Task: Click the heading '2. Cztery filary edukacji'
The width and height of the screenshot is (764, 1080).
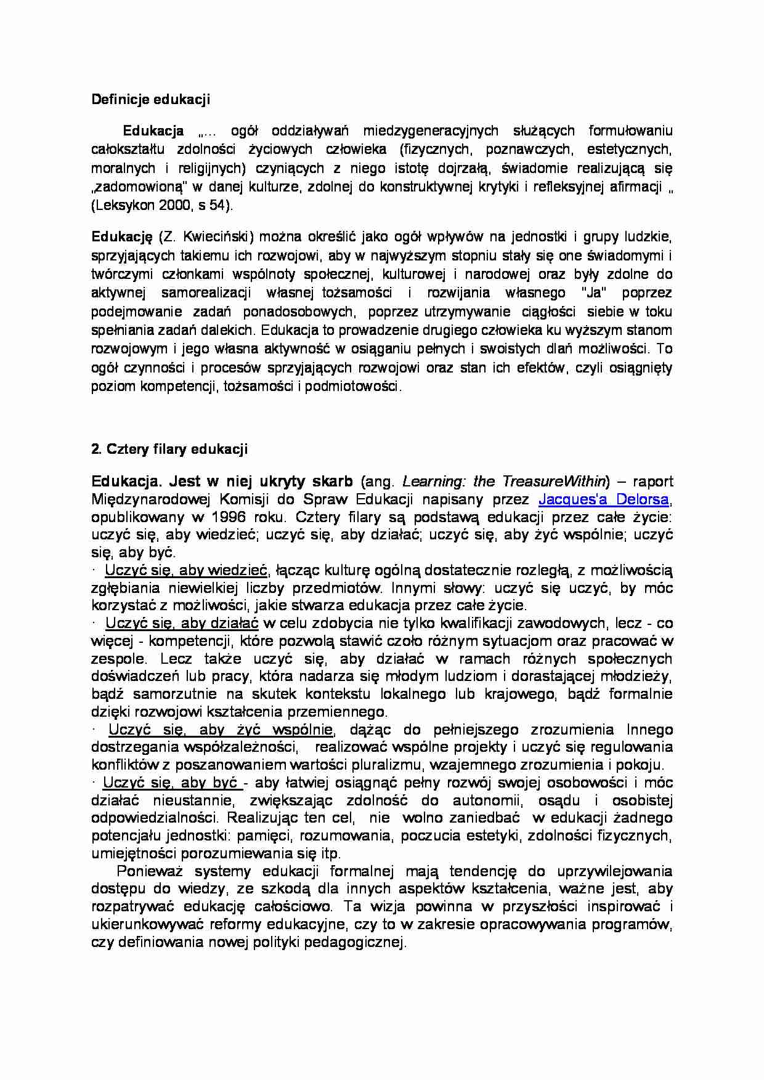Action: pyautogui.click(x=169, y=449)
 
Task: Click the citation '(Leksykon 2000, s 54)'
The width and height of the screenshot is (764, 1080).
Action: pyautogui.click(x=162, y=206)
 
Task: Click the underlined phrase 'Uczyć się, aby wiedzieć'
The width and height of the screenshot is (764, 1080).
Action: pyautogui.click(x=187, y=570)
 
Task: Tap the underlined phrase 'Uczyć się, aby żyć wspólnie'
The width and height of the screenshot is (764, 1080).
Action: pyautogui.click(x=221, y=730)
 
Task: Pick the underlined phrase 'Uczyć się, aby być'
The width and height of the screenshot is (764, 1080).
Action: pyautogui.click(x=171, y=783)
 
